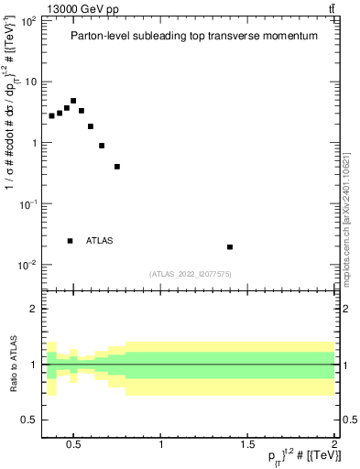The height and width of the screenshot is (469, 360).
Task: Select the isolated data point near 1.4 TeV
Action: tap(230, 246)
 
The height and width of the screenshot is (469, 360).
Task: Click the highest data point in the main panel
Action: tap(73, 101)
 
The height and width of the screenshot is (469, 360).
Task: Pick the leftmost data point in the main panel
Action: tap(52, 116)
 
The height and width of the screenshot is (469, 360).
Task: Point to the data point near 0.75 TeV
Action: tap(117, 167)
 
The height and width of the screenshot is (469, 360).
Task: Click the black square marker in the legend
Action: tap(71, 241)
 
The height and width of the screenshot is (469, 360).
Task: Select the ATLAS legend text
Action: tap(100, 241)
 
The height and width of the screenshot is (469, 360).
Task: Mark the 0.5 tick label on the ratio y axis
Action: tap(29, 420)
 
